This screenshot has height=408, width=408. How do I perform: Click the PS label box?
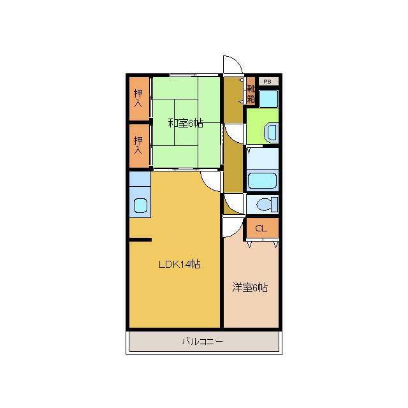click(268, 82)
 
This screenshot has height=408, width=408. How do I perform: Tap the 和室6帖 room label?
click(186, 123)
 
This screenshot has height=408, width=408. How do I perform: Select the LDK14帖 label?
click(179, 265)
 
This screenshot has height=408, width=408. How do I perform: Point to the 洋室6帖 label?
click(250, 288)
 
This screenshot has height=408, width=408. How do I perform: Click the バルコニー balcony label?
click(203, 341)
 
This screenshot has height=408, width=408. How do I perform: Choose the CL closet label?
click(261, 228)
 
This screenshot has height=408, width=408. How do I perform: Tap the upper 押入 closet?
click(140, 99)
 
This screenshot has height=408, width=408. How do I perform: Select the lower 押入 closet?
click(140, 146)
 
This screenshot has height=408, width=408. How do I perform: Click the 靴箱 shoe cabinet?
click(251, 91)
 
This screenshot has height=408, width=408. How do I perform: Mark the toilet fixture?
click(267, 205)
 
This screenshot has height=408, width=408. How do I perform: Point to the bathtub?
click(262, 180)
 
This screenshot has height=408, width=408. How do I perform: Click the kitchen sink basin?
click(140, 205)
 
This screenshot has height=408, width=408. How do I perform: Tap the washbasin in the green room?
click(271, 133)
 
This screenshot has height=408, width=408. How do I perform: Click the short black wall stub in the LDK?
click(140, 240)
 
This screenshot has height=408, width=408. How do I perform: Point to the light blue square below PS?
click(269, 99)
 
